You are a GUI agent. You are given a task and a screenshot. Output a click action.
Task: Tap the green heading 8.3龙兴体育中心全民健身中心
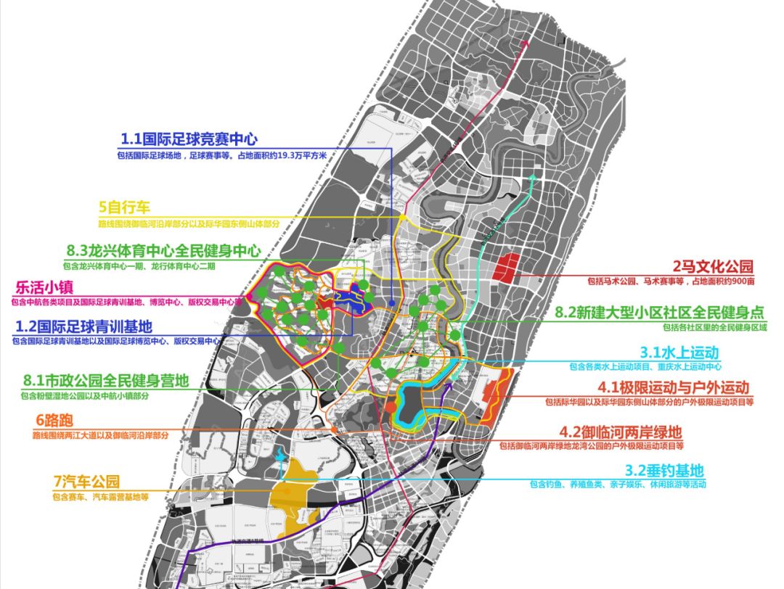pyautogui.click(x=163, y=251)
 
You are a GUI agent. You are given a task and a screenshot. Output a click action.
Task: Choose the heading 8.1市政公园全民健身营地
pyautogui.click(x=106, y=380)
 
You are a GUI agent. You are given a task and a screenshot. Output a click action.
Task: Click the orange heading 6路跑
pyautogui.click(x=54, y=421)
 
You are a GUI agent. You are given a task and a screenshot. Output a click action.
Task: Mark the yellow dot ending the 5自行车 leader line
pyautogui.click(x=401, y=216)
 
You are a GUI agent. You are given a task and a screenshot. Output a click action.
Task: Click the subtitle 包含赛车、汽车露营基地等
pyautogui.click(x=100, y=498)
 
